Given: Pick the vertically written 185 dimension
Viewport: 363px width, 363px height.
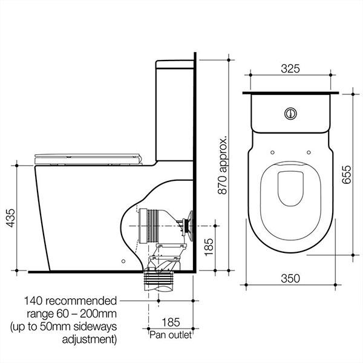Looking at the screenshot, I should (209, 246).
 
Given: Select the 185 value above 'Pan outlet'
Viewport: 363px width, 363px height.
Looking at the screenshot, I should (171, 322).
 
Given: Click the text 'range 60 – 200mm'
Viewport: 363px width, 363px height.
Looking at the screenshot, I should (70, 314).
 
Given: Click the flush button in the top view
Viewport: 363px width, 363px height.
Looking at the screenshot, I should (291, 113).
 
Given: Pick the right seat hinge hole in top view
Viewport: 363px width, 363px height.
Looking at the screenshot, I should (309, 152).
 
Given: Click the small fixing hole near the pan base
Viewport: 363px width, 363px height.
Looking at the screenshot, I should (123, 262).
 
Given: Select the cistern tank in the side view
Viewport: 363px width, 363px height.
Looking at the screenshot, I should (175, 109).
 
